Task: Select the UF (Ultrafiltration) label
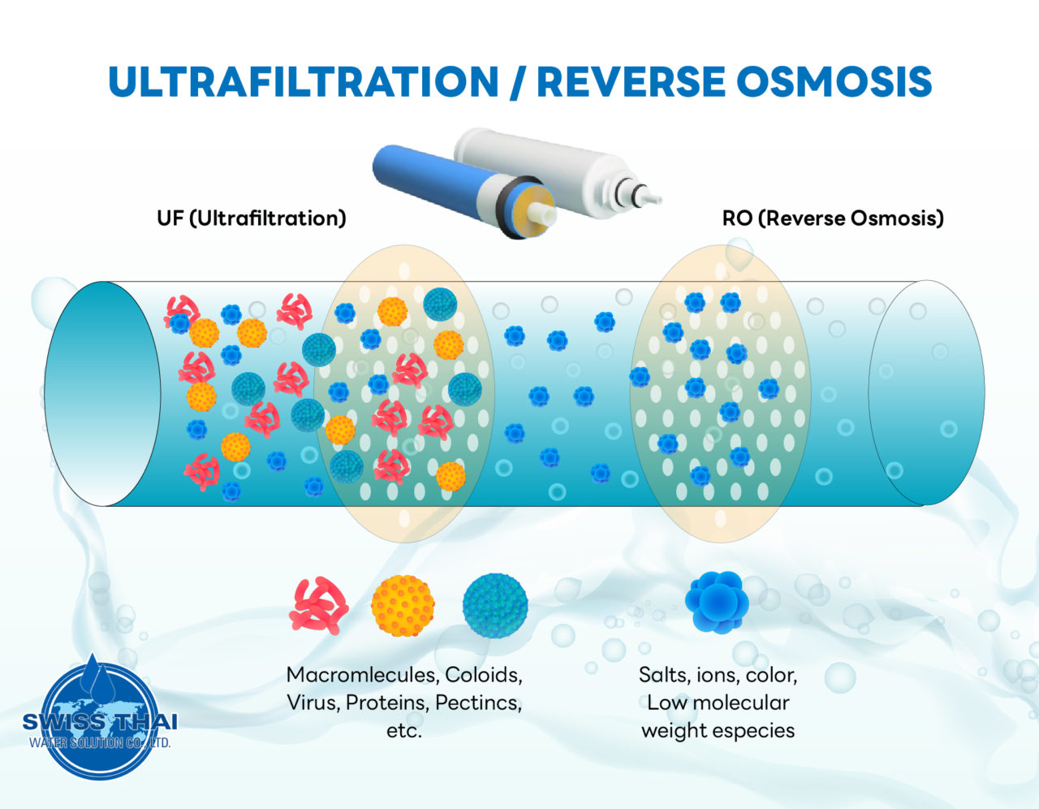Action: [x=252, y=218]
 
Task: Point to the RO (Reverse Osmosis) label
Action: [x=833, y=218]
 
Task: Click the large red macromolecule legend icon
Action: [x=319, y=606]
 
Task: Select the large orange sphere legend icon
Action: [x=403, y=606]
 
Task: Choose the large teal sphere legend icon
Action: [x=495, y=606]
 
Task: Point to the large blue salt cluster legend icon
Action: [x=717, y=603]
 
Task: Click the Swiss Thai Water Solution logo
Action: [x=98, y=720]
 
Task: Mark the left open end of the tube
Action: [x=102, y=394]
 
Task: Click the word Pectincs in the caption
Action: [x=478, y=703]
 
